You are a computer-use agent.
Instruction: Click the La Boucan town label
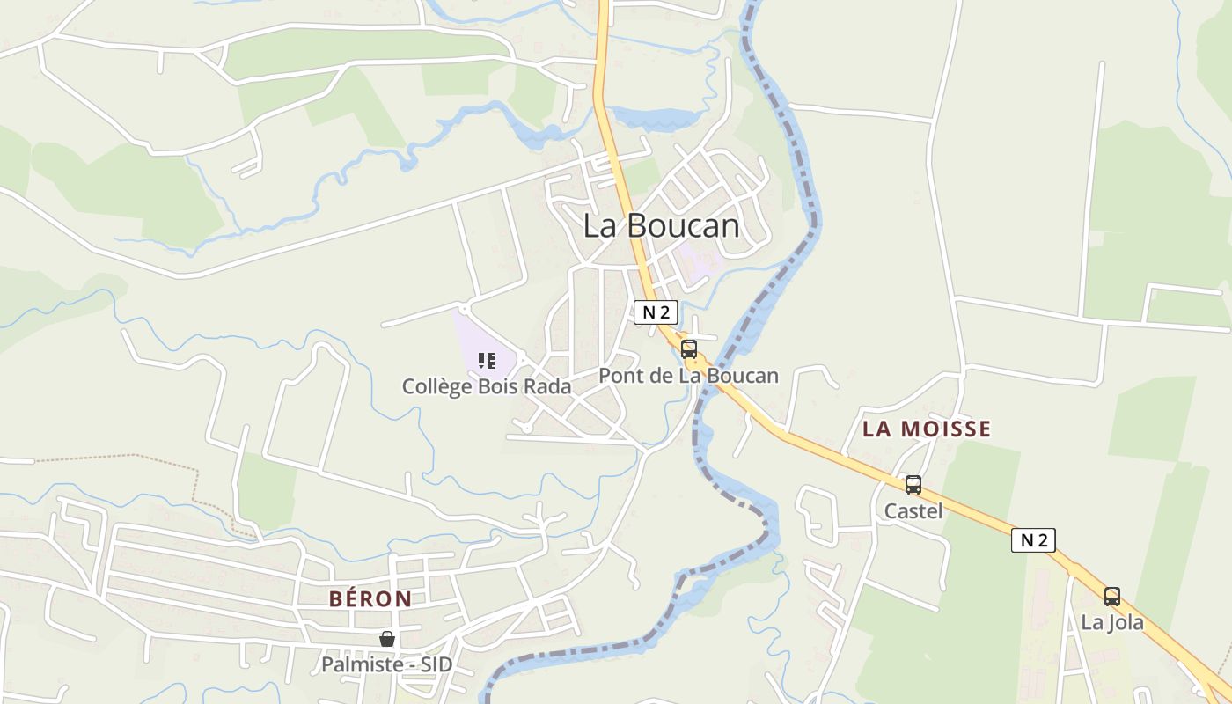click(661, 226)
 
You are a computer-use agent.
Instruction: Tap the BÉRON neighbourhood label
click(370, 599)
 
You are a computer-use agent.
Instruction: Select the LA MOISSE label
click(927, 429)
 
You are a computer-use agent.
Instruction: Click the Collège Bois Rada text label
click(487, 386)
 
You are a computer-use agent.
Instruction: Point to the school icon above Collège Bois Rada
click(487, 361)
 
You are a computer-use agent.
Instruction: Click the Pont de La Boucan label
click(688, 376)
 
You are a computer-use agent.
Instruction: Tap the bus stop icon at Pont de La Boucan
click(689, 349)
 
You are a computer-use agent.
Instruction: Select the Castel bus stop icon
click(913, 485)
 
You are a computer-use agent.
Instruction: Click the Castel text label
click(913, 510)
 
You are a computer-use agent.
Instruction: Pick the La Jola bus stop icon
click(1112, 597)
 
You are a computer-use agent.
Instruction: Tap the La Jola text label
click(1112, 623)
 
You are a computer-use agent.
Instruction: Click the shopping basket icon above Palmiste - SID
click(387, 639)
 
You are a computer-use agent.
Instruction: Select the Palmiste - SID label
click(386, 664)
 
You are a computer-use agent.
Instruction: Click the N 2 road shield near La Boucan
click(656, 312)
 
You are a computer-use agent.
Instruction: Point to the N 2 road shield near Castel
click(1033, 540)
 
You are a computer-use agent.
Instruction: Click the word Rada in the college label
click(548, 386)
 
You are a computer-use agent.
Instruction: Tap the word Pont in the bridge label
click(619, 376)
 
